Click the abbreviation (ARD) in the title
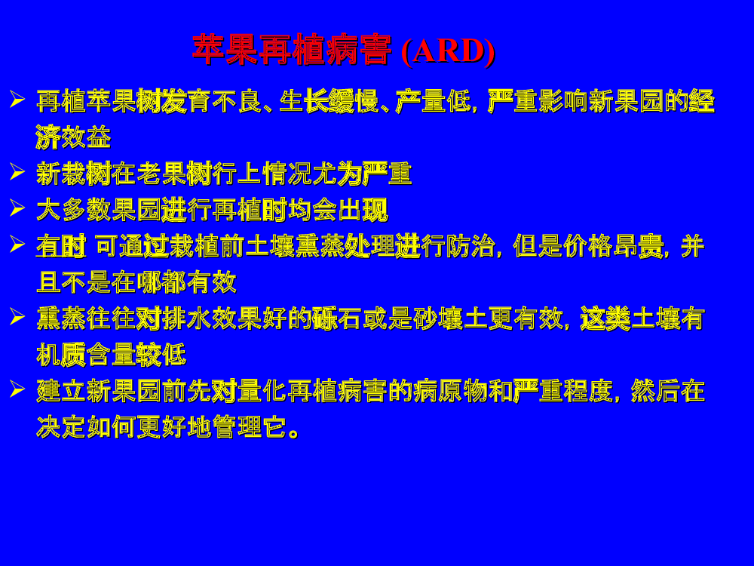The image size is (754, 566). click(448, 50)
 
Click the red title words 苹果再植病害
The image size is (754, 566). click(291, 50)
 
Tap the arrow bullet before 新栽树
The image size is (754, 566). click(17, 171)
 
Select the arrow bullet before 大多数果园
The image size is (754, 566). click(17, 208)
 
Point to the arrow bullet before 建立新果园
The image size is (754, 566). click(17, 389)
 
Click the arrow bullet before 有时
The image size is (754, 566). click(17, 244)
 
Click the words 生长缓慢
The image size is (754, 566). click(329, 101)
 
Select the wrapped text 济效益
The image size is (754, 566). click(74, 137)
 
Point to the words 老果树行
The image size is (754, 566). click(186, 174)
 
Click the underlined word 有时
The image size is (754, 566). click(61, 247)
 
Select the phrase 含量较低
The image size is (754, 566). click(136, 355)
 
